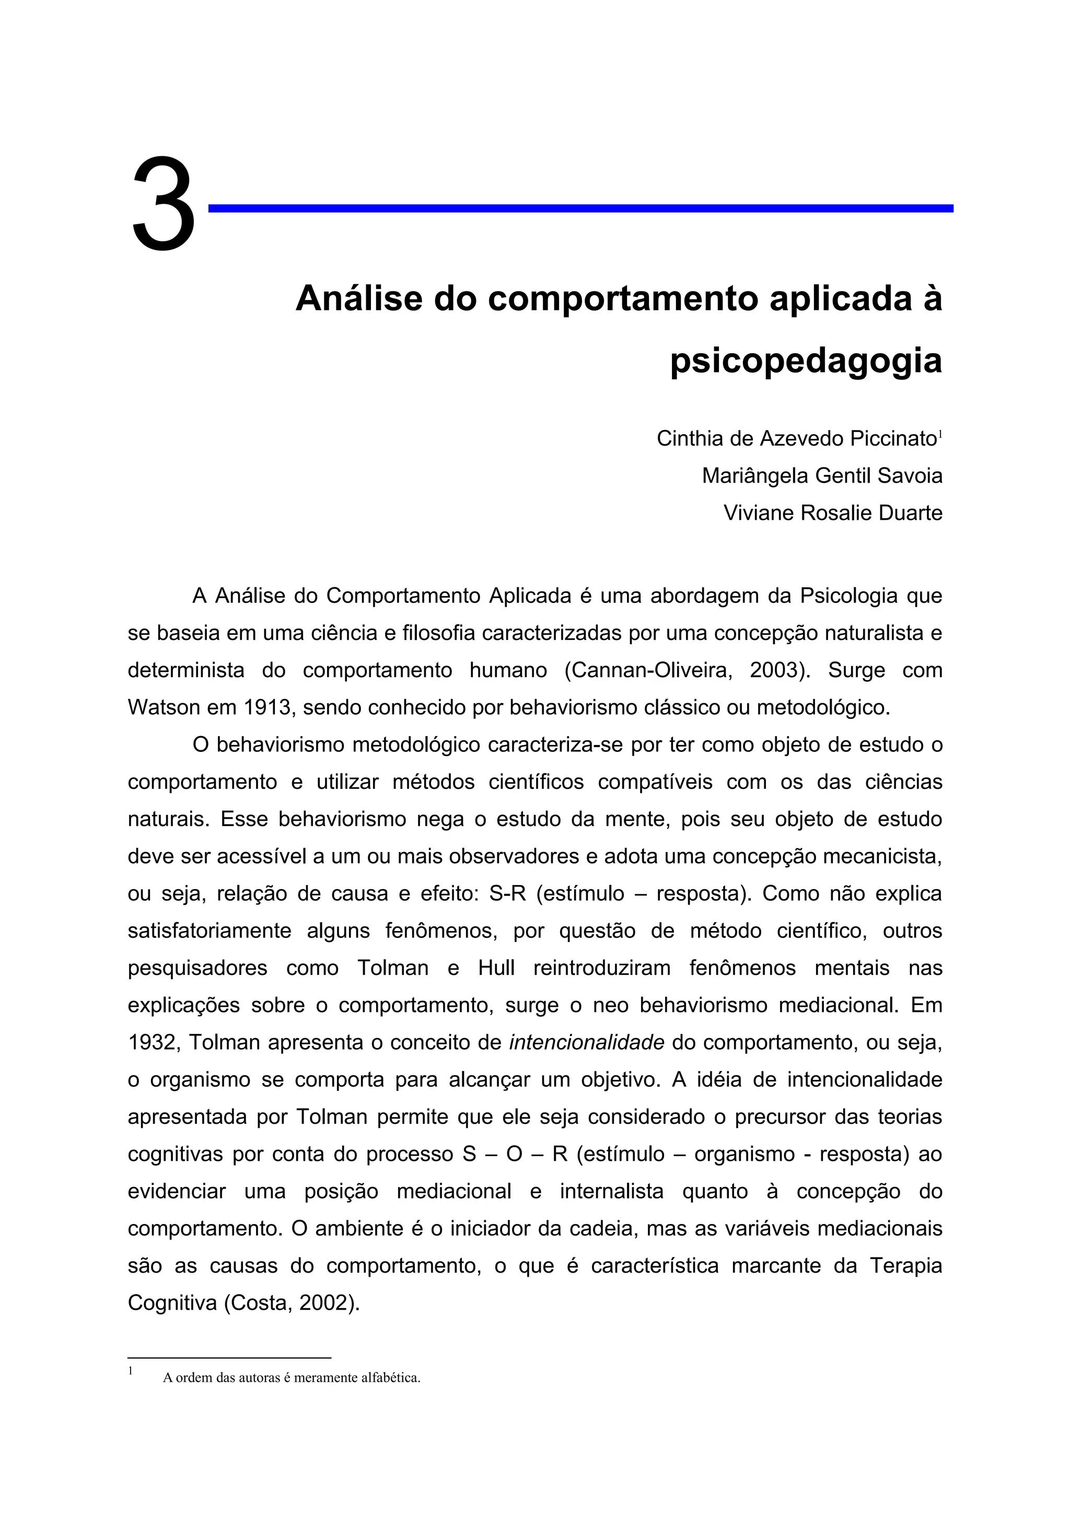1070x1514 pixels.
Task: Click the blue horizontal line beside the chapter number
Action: [580, 208]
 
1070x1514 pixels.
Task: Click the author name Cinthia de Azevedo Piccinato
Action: [796, 438]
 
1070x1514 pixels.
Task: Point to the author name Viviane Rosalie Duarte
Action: [833, 513]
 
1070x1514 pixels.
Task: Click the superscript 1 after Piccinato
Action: [940, 433]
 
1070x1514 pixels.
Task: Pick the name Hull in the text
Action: [496, 968]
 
